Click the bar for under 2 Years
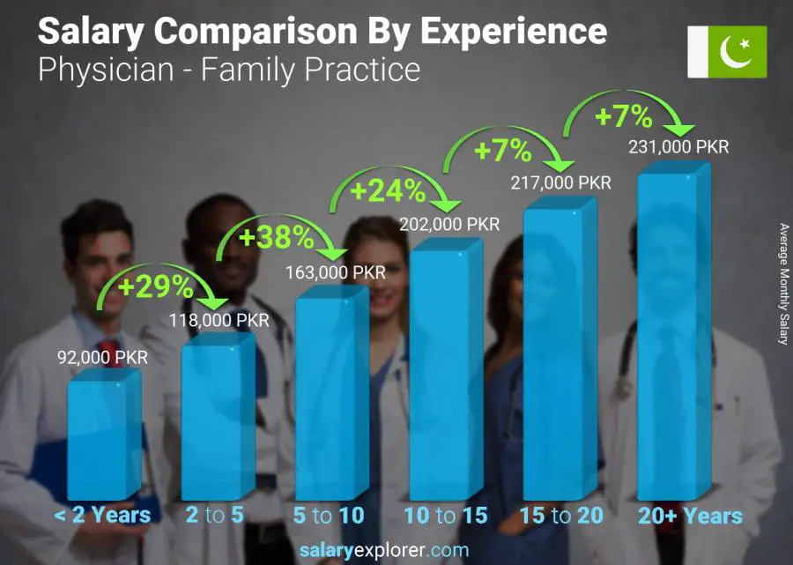pyautogui.click(x=103, y=436)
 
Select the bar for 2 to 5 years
pyautogui.click(x=217, y=419)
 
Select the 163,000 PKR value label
pyautogui.click(x=335, y=272)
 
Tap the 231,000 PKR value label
pyautogui.click(x=678, y=147)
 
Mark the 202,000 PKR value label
pyautogui.click(x=449, y=224)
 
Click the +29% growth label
pyautogui.click(x=155, y=286)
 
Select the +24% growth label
pyautogui.click(x=388, y=190)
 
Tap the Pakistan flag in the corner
pyautogui.click(x=727, y=51)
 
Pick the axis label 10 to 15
pyautogui.click(x=445, y=516)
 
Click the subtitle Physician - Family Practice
pyautogui.click(x=229, y=69)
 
